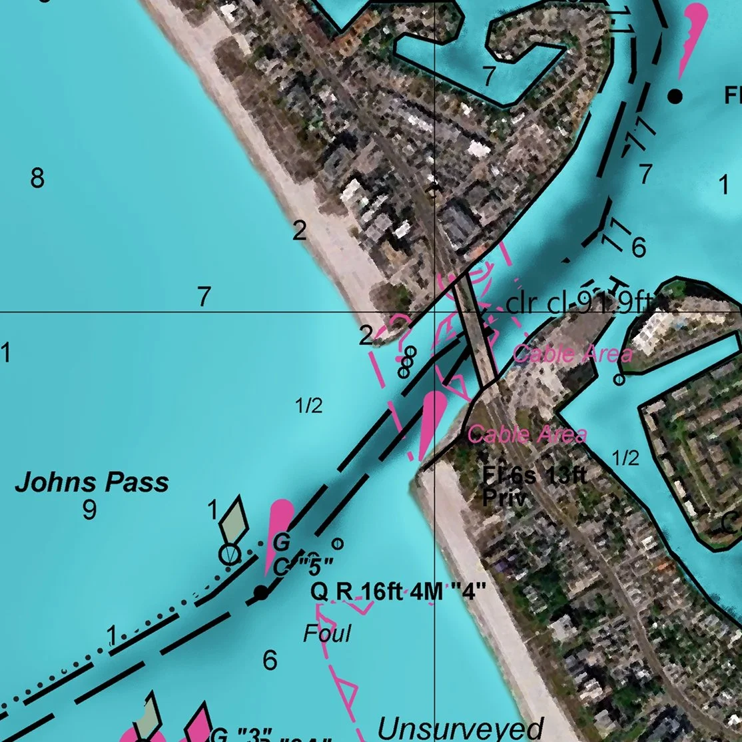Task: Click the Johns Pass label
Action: click(x=92, y=482)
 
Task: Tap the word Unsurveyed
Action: click(x=460, y=728)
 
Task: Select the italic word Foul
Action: click(x=327, y=633)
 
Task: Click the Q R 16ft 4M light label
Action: click(x=398, y=591)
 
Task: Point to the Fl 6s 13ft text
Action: click(x=535, y=476)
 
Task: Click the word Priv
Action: click(x=504, y=499)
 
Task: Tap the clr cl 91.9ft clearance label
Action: click(x=577, y=304)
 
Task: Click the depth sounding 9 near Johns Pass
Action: click(x=89, y=510)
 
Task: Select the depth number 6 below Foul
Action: click(x=270, y=661)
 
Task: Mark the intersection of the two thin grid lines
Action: click(x=434, y=312)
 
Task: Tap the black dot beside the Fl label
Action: click(x=675, y=97)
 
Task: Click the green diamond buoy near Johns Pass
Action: click(x=234, y=521)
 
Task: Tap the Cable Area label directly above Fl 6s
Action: click(x=527, y=435)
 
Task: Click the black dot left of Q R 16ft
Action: click(x=261, y=592)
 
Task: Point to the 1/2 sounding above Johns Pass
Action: click(x=309, y=406)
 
